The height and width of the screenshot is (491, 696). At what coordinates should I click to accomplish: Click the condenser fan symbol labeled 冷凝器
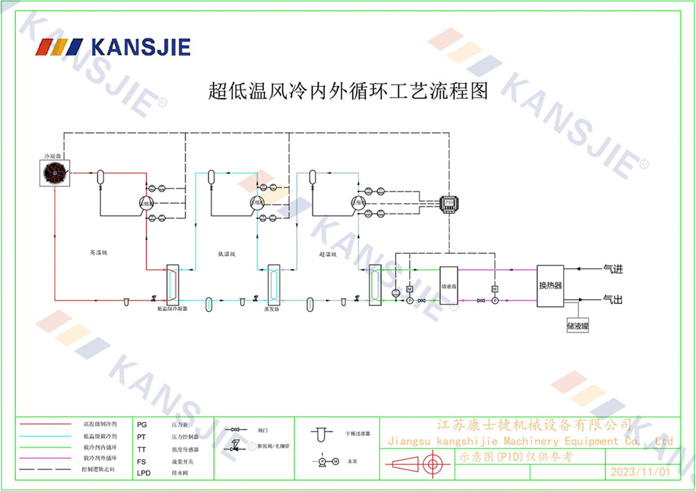54,172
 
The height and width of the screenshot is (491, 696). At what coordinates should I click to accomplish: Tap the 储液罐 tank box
578,324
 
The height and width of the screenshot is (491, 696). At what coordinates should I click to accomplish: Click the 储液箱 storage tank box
448,286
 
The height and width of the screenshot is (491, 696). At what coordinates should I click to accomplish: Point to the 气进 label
612,268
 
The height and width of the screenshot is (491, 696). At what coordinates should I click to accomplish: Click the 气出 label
612,300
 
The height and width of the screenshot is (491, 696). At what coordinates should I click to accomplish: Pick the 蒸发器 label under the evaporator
271,310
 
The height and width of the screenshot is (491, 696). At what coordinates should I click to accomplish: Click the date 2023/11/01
639,472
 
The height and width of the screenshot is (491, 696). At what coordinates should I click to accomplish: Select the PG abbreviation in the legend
142,424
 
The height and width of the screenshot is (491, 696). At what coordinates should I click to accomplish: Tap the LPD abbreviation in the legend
143,472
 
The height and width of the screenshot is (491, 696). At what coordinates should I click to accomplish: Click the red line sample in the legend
45,424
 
